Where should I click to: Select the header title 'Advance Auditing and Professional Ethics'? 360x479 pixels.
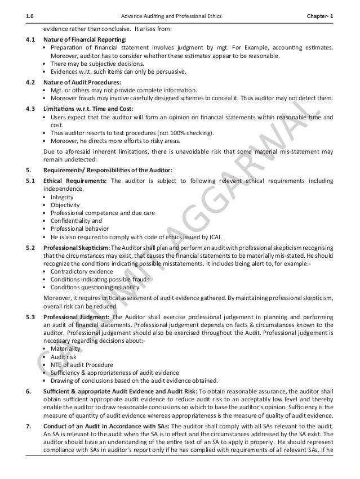(177, 16)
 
